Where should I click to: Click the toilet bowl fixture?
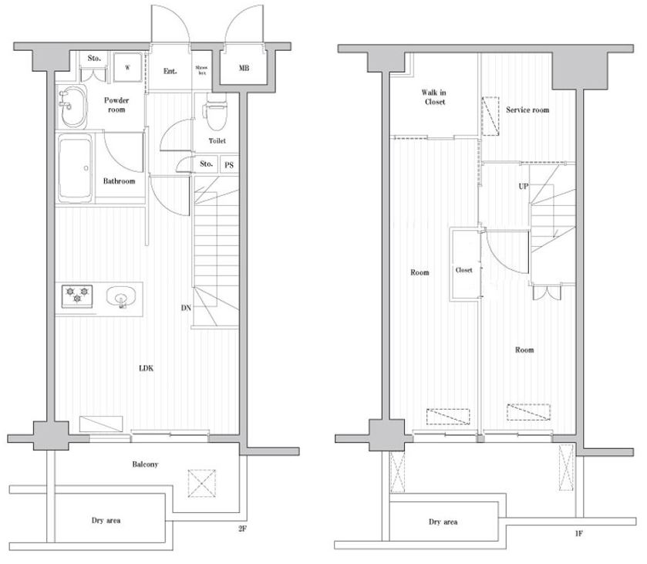(215, 113)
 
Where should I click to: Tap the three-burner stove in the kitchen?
(77, 296)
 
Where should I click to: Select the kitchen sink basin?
(121, 296)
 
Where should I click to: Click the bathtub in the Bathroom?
(75, 169)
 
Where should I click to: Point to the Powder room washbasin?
(72, 106)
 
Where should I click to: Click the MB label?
(244, 68)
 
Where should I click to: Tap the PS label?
(229, 165)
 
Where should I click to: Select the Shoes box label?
(201, 69)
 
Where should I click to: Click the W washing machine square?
(127, 67)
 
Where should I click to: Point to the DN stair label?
(186, 308)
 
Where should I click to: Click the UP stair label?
(523, 186)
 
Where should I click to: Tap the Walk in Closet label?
(434, 97)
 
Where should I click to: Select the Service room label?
(527, 110)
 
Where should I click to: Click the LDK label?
(146, 368)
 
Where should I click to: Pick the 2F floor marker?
(242, 529)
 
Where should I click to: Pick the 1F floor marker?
(579, 533)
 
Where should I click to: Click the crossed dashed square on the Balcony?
(202, 483)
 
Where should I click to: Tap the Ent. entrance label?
(170, 71)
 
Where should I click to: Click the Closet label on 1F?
(463, 270)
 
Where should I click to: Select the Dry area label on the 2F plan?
(106, 521)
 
